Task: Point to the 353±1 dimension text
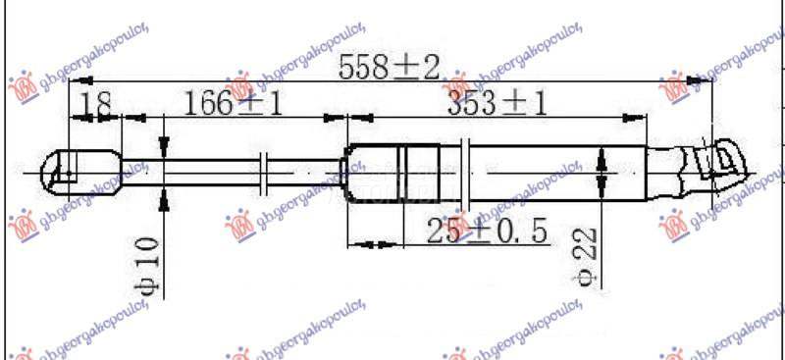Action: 497,103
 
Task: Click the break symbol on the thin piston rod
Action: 263,174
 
